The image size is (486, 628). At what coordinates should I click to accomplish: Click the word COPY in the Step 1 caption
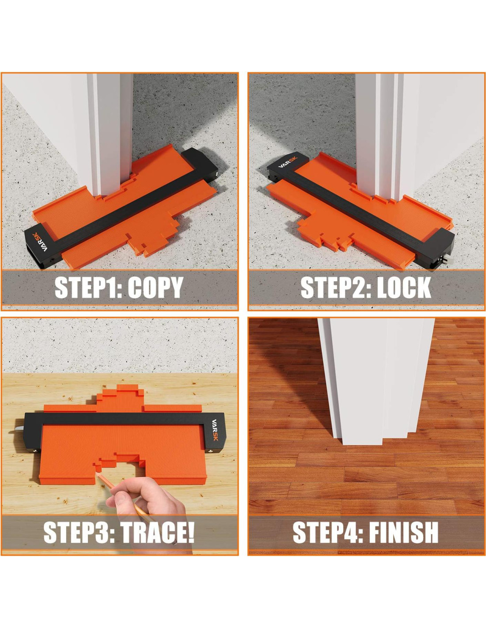(155, 287)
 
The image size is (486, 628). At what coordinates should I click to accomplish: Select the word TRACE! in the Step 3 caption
(157, 532)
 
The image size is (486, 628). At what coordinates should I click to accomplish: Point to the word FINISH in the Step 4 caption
(404, 532)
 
